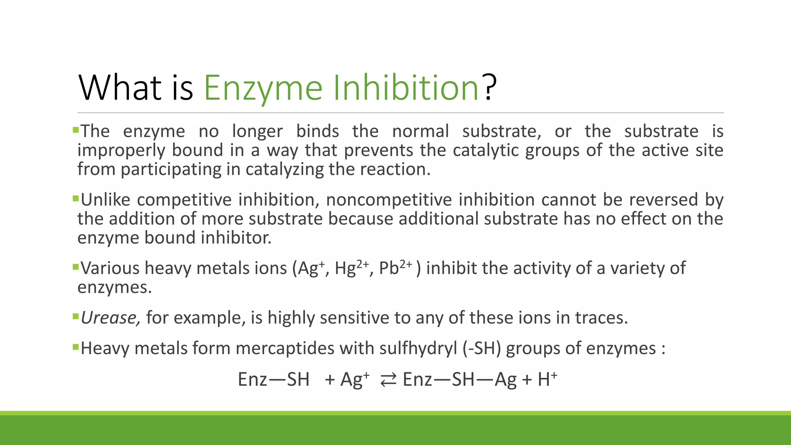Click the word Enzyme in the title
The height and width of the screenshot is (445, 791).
click(x=263, y=88)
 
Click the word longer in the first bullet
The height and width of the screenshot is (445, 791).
click(x=257, y=131)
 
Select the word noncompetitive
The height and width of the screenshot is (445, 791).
click(x=389, y=200)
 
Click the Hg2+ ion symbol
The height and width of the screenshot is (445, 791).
click(x=351, y=268)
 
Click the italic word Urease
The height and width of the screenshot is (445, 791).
click(x=110, y=318)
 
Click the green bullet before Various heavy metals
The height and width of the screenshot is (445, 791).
click(x=75, y=266)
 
